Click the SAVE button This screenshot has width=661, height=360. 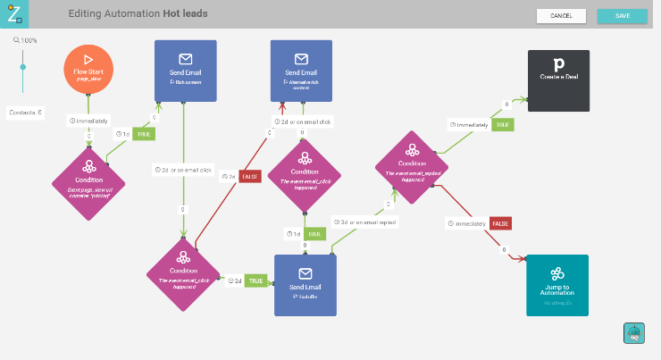tap(622, 15)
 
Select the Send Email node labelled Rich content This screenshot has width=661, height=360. tap(185, 71)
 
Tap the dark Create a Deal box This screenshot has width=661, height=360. tap(558, 80)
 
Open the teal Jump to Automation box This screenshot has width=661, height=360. tap(556, 285)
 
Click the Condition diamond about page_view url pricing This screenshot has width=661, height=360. tap(89, 184)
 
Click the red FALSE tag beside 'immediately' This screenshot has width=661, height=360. tap(500, 223)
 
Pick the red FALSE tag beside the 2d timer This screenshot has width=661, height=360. tap(250, 176)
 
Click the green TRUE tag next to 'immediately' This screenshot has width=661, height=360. tap(504, 125)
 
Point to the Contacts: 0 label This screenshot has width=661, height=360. tap(26, 113)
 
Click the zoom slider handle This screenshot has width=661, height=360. tap(23, 66)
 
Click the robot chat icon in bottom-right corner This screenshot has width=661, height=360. tap(633, 332)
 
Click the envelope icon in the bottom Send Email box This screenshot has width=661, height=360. tap(305, 273)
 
